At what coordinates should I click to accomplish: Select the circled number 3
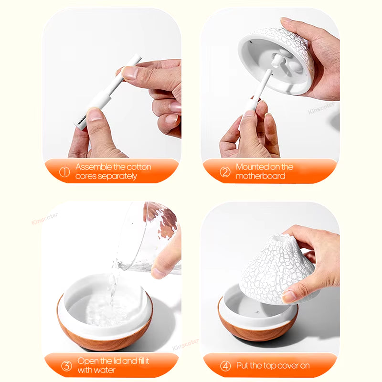66,366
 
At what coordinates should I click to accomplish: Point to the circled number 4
225,366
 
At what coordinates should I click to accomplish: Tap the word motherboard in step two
260,176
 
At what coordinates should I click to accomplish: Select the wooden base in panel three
105,334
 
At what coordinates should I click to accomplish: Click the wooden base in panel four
258,329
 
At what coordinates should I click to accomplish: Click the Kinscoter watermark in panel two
321,108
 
